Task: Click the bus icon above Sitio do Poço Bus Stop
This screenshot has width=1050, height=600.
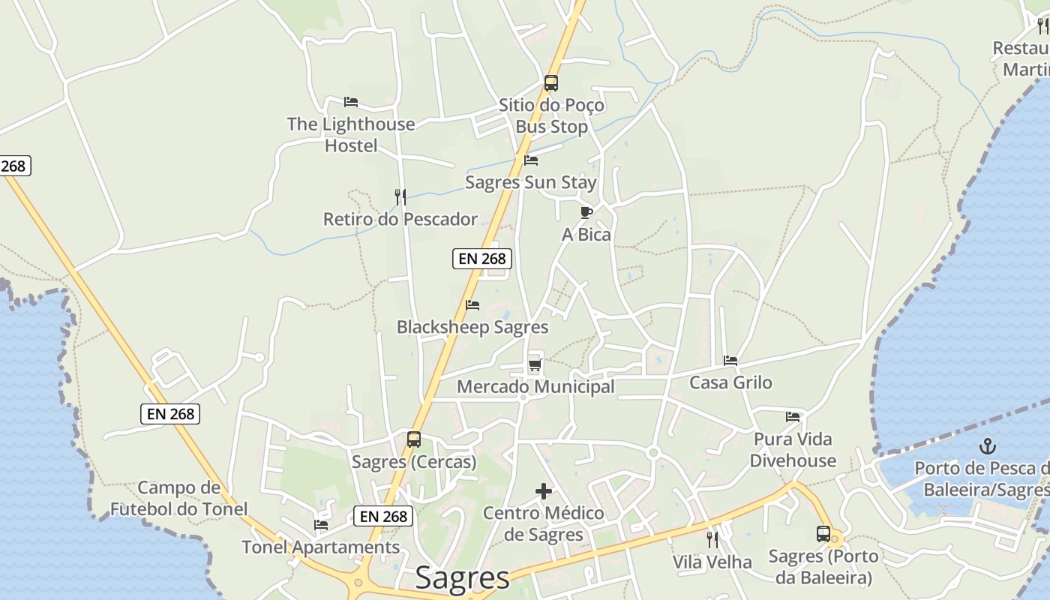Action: pos(551,83)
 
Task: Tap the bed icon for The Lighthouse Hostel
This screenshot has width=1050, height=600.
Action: pos(351,102)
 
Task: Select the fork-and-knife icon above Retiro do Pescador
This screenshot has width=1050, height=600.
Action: pos(400,197)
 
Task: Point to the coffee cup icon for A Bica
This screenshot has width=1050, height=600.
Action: pos(586,212)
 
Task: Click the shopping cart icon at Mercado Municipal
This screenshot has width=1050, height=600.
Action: pos(535,365)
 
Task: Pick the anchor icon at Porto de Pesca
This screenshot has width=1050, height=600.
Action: pos(988,447)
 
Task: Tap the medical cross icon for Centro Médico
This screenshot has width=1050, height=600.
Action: pos(544,491)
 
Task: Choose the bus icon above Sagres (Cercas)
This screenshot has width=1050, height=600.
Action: pos(414,439)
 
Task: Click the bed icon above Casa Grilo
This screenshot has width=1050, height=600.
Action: pos(730,361)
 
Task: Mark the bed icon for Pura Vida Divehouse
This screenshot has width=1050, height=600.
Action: pos(793,417)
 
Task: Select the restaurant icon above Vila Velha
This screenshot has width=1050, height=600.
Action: pos(712,539)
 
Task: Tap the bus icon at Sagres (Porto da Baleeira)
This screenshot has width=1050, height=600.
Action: pos(823,534)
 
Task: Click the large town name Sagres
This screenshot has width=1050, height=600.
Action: pos(462,578)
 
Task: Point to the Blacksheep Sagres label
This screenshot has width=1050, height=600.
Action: pos(472,328)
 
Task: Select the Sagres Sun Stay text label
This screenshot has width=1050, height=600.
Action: pos(531,183)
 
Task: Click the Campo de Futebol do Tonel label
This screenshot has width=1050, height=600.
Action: pos(178,499)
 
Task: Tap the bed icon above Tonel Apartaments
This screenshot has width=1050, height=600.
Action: pos(321,525)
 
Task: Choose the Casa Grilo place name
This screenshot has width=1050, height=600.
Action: pos(730,382)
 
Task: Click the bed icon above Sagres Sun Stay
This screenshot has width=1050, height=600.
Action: pos(531,160)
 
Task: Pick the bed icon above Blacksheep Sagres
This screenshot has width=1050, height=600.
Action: pos(472,305)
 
